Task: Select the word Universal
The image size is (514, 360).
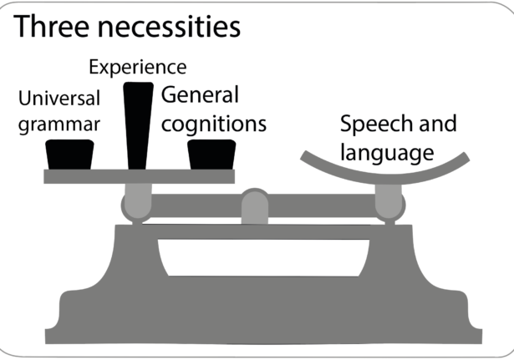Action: [59, 99]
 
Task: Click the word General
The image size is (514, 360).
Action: [200, 94]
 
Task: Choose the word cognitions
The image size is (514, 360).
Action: [214, 124]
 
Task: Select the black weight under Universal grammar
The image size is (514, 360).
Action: [69, 154]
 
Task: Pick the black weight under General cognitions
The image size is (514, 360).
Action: [211, 155]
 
